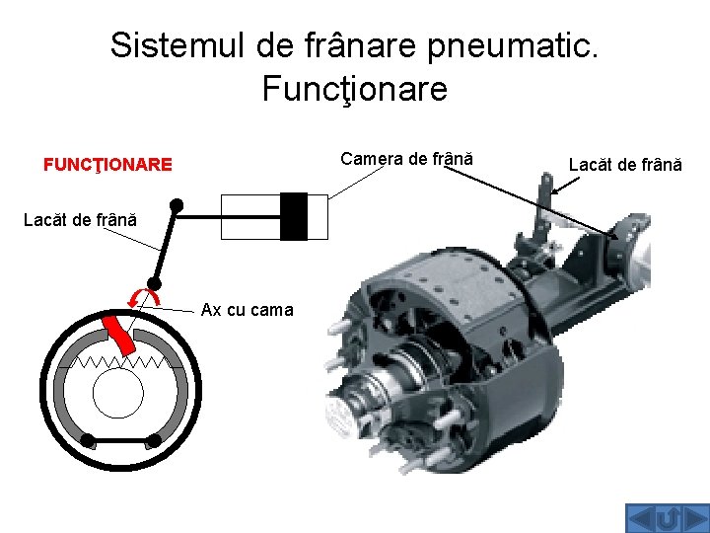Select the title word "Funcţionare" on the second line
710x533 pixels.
[x=355, y=89]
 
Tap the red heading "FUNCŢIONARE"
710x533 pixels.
[x=107, y=165]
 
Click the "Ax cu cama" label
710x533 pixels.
[x=247, y=310]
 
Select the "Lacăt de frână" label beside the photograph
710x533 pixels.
[x=625, y=165]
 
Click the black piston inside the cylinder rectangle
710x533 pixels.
[x=293, y=216]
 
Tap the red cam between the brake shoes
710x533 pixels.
[x=120, y=333]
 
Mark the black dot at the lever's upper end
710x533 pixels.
[x=177, y=205]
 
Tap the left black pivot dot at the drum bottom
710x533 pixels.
[x=88, y=440]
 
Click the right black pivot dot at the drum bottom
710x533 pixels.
[x=155, y=440]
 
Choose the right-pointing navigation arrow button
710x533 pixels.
[x=692, y=519]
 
